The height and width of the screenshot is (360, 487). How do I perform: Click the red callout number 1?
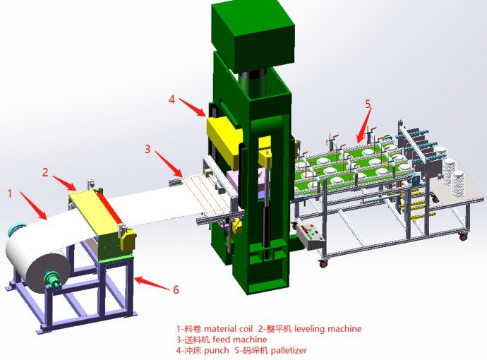tap(10, 193)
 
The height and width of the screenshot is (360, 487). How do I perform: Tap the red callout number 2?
tap(45, 172)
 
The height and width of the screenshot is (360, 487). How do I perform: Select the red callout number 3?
tap(148, 149)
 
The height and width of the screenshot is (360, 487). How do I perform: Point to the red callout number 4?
tap(172, 99)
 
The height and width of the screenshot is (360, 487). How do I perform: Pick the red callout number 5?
tap(368, 104)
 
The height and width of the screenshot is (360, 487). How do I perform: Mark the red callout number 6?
tap(176, 289)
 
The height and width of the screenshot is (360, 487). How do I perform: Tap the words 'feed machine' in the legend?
tap(240, 340)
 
